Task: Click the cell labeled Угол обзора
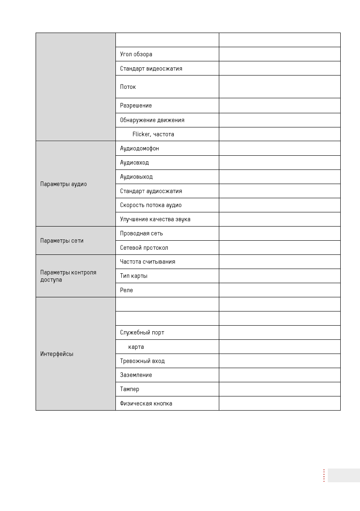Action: pos(136,54)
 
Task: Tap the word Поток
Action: pos(128,87)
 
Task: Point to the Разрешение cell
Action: pos(136,106)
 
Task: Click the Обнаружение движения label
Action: pos(152,120)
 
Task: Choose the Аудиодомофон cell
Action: pos(140,148)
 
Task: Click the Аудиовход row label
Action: pos(135,163)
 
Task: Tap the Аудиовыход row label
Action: pos(136,177)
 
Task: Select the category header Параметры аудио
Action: pos(63,184)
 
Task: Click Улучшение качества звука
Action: pos(155,219)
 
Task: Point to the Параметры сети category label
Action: pos(62,241)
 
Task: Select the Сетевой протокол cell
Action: pos(144,248)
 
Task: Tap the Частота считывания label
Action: pos(148,262)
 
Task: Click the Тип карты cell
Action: pos(134,276)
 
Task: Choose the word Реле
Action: pos(127,290)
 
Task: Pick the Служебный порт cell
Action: pos(142,333)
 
